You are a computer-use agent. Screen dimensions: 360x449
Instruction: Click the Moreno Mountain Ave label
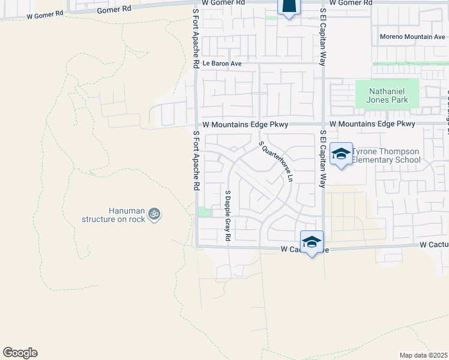point(412,37)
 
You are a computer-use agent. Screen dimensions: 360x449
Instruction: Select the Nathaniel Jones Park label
point(387,94)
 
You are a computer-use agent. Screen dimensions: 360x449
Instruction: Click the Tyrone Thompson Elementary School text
point(385,156)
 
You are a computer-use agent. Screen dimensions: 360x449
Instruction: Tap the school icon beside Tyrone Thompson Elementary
point(341,154)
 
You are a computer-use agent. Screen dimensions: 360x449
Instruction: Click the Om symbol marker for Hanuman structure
point(154,214)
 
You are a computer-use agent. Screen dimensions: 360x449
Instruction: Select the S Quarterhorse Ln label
point(276,161)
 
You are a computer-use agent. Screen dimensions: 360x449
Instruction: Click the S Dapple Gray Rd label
point(228,215)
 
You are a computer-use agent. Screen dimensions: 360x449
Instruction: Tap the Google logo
point(20,353)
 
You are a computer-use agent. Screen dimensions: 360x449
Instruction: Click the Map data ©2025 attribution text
point(424,355)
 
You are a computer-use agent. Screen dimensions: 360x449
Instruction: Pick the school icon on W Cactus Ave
point(312,242)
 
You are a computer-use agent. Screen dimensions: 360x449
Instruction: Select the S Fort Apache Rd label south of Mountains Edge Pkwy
point(196,161)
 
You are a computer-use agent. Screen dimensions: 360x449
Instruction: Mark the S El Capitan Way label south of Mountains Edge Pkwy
point(323,159)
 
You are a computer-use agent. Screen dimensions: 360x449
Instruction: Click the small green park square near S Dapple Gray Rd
point(205,212)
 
